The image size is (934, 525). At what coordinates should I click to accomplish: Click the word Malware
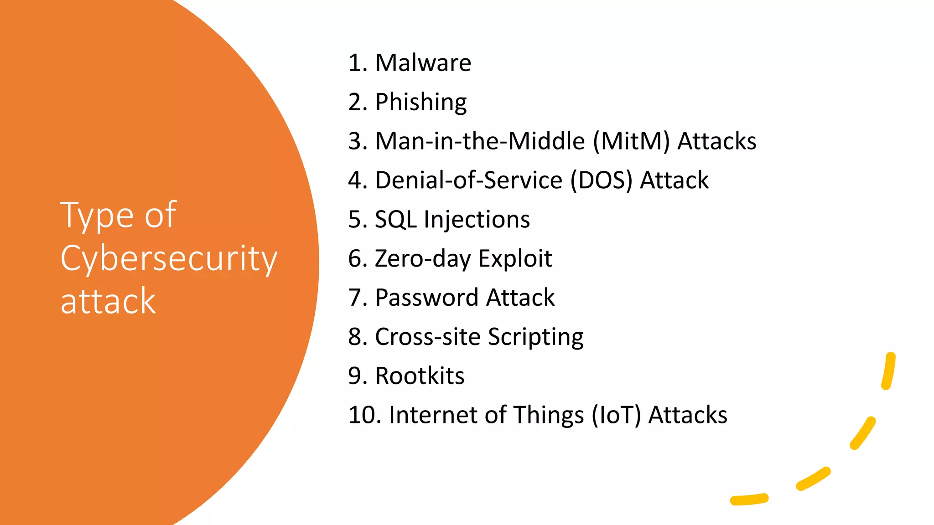click(x=423, y=63)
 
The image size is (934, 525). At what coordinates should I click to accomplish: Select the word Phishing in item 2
click(x=420, y=102)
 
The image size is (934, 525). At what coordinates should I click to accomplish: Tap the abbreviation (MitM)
click(x=631, y=141)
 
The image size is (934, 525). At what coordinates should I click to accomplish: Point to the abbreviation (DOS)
click(x=602, y=180)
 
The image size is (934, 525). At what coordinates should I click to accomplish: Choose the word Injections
click(x=477, y=220)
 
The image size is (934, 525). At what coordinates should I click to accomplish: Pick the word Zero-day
click(x=423, y=259)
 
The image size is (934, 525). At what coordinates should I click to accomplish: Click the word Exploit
click(x=515, y=259)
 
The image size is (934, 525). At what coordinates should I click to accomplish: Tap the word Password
click(x=426, y=298)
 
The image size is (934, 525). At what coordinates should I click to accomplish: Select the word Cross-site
click(x=427, y=337)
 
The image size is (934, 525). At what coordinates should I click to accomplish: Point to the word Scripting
click(x=535, y=337)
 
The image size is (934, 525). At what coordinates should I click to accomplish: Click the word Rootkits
click(x=420, y=376)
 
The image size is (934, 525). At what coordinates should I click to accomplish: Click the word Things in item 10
click(x=549, y=416)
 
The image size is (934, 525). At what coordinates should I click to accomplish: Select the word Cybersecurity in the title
click(x=169, y=259)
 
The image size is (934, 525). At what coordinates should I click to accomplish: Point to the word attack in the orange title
click(x=108, y=301)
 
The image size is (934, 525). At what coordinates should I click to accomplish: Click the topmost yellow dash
click(x=888, y=371)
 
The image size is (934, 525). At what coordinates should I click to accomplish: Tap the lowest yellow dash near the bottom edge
click(x=749, y=499)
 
